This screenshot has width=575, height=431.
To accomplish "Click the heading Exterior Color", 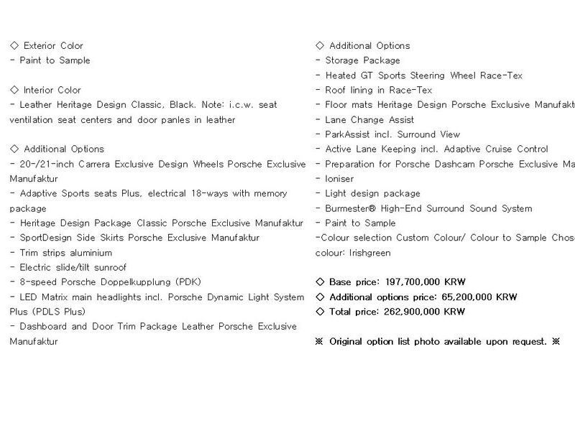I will coord(53,46).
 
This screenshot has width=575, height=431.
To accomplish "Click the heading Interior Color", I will coord(52,91).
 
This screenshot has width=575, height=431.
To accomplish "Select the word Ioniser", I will coord(339,179).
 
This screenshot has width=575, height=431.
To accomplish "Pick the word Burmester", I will coord(353,208).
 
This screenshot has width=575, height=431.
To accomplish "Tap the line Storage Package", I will coord(362,61).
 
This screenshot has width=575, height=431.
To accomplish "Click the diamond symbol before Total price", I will coord(320,312).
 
